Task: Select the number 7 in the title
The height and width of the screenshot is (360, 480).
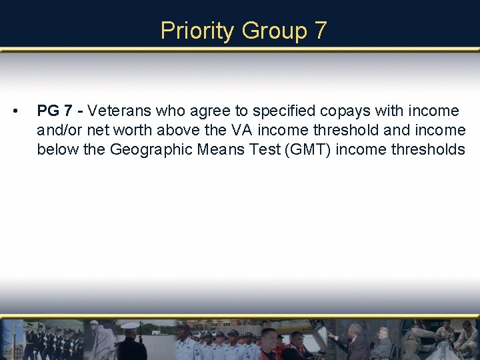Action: point(321,31)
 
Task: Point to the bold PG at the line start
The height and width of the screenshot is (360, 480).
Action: point(49,111)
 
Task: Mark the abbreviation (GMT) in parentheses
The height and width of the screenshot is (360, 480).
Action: point(308,149)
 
